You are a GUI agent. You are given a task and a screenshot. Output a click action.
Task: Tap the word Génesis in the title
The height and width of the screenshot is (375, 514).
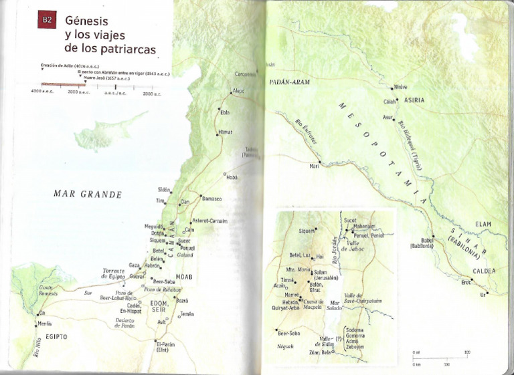click(x=86, y=21)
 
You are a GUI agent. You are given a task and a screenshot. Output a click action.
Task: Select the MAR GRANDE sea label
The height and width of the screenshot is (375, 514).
click(x=88, y=195)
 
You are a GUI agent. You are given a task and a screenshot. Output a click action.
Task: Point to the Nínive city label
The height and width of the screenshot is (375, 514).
click(x=400, y=87)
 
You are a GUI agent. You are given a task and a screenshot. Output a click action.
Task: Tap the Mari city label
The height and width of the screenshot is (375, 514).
click(x=313, y=166)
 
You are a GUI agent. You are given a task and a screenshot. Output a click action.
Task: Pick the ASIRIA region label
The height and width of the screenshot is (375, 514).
click(x=414, y=100)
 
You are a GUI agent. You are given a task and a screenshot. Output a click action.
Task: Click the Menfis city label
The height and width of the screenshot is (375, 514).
click(x=45, y=324)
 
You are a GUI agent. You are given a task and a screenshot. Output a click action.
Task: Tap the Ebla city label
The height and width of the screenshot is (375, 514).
click(x=225, y=112)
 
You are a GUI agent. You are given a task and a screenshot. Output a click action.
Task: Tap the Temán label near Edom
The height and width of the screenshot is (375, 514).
click(x=187, y=314)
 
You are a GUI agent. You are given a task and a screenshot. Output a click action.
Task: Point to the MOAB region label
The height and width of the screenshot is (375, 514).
click(x=184, y=275)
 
